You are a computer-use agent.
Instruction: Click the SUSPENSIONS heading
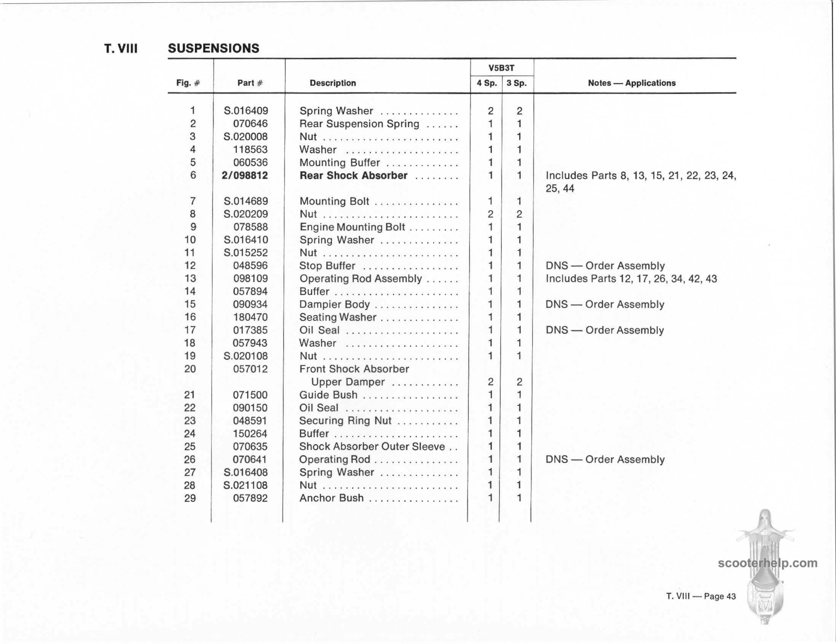[214, 48]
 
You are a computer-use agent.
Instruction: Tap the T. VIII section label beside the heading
[121, 49]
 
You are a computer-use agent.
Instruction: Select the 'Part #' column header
[250, 83]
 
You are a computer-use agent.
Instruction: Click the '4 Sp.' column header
[487, 83]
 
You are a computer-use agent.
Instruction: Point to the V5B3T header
[501, 68]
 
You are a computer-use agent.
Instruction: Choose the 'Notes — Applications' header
[632, 83]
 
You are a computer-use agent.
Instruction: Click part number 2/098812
[245, 175]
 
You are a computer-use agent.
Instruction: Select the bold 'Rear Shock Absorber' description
[353, 175]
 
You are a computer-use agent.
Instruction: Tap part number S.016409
[246, 111]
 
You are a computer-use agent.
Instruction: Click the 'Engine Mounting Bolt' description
[352, 227]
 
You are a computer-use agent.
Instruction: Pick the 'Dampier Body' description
[335, 304]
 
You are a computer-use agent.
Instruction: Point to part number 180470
[250, 317]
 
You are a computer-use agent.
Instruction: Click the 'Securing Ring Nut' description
[345, 421]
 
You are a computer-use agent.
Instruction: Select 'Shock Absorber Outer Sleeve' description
[372, 446]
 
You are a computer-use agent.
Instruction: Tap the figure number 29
[190, 498]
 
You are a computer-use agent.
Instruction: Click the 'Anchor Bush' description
[332, 498]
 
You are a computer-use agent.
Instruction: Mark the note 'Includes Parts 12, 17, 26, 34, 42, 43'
[631, 279]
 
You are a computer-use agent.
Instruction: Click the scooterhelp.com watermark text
[767, 563]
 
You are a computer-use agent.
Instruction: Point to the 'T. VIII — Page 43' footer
[701, 596]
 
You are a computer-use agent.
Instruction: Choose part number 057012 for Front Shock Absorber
[250, 369]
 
